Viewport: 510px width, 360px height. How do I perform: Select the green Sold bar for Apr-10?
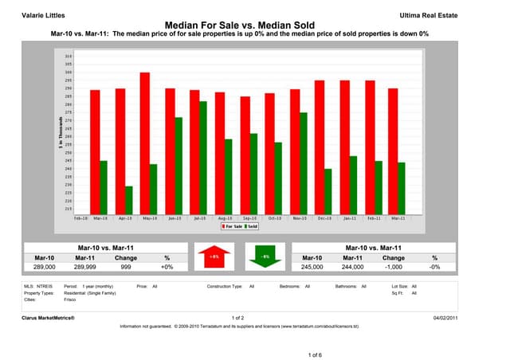pyautogui.click(x=128, y=199)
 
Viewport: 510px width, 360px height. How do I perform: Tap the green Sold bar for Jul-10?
pyautogui.click(x=202, y=156)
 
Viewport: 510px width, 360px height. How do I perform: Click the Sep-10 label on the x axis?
pyautogui.click(x=249, y=217)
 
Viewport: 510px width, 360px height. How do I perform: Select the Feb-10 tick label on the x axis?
pyautogui.click(x=80, y=217)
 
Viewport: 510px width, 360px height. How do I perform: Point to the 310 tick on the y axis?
pyautogui.click(x=69, y=57)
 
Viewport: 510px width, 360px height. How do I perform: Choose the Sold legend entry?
pyautogui.click(x=252, y=225)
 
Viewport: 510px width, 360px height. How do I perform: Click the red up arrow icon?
pyautogui.click(x=214, y=257)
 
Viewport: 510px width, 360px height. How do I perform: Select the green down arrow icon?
pyautogui.click(x=265, y=257)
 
